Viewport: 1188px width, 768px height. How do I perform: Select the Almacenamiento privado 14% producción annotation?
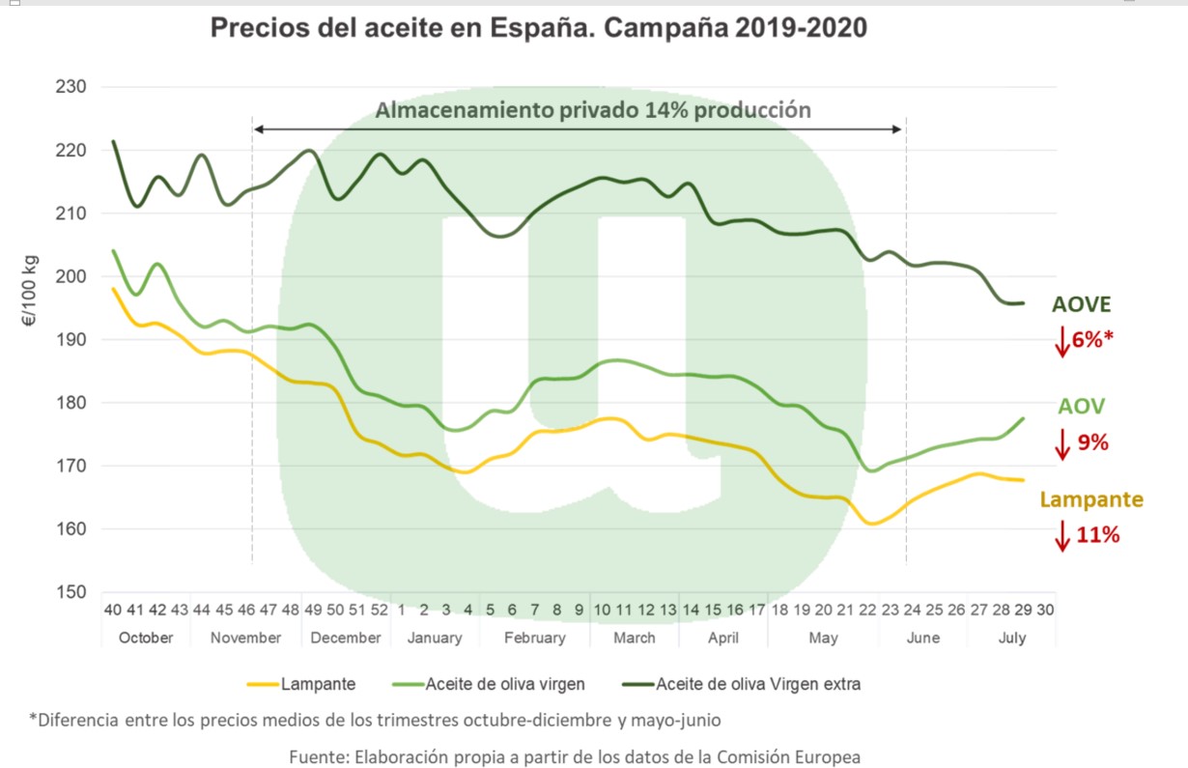(592, 109)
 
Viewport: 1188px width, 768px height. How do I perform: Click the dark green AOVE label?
(1081, 305)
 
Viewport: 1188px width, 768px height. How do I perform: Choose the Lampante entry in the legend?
(318, 684)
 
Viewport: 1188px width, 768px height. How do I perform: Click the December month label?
(346, 638)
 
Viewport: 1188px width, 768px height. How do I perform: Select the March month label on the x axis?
(635, 638)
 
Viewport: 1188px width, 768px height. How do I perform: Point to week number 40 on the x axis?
(113, 610)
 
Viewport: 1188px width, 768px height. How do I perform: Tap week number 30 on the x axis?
(1044, 610)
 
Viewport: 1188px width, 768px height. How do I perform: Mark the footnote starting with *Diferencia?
(374, 720)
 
